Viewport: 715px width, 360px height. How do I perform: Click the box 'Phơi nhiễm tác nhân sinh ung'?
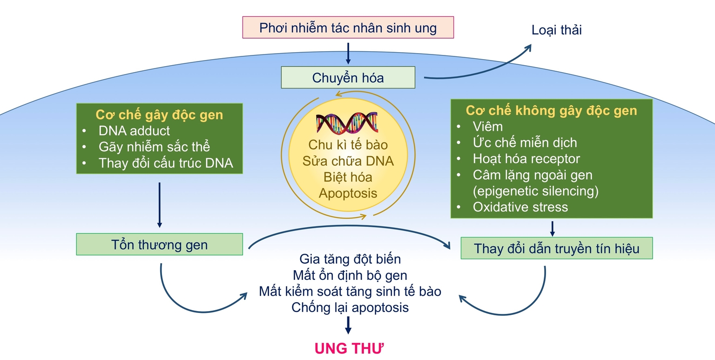pyautogui.click(x=348, y=28)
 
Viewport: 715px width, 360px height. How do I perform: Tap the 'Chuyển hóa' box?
pyautogui.click(x=348, y=77)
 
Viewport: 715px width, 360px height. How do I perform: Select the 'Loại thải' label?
pyautogui.click(x=557, y=30)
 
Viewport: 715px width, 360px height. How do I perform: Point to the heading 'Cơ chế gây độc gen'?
pyautogui.click(x=159, y=115)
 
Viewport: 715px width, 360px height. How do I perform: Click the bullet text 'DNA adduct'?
pyautogui.click(x=134, y=131)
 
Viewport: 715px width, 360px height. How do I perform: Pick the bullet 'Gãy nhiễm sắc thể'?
pyautogui.click(x=154, y=147)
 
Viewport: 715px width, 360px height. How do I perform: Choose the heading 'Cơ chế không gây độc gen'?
pyautogui.click(x=551, y=111)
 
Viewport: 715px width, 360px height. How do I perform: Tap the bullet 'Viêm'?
pyautogui.click(x=487, y=126)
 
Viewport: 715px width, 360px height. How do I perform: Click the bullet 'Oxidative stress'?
pyautogui.click(x=520, y=207)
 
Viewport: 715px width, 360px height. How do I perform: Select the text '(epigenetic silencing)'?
pyautogui.click(x=535, y=191)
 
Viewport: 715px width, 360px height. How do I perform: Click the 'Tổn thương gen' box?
pyautogui.click(x=159, y=245)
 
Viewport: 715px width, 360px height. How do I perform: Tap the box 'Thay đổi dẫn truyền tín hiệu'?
pyautogui.click(x=556, y=248)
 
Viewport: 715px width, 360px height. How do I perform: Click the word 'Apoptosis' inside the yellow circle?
pyautogui.click(x=348, y=193)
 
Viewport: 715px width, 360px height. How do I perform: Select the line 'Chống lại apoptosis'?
pyautogui.click(x=350, y=307)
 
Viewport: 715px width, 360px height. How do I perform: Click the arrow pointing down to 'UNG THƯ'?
pyautogui.click(x=348, y=325)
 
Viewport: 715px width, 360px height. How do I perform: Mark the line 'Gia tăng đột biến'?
pyautogui.click(x=350, y=258)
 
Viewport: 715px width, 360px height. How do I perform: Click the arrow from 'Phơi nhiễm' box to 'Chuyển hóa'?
pyautogui.click(x=348, y=53)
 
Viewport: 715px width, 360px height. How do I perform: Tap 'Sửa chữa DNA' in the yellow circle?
pyautogui.click(x=348, y=162)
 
